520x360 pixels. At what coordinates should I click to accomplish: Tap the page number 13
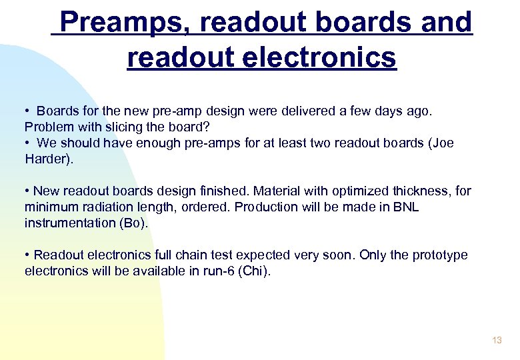tap(497, 341)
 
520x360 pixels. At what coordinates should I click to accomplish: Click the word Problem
tap(49, 127)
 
